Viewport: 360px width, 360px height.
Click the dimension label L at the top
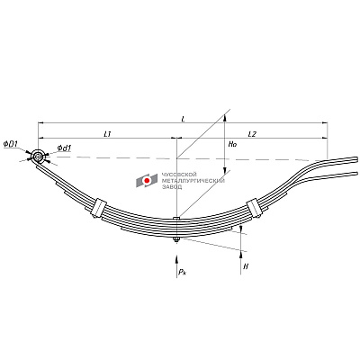pyautogui.click(x=184, y=119)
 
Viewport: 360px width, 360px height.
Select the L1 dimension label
pyautogui.click(x=108, y=134)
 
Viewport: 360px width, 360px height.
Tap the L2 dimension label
pyautogui.click(x=252, y=134)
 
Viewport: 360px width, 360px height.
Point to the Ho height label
pyautogui.click(x=232, y=144)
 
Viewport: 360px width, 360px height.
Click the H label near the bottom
pyautogui.click(x=246, y=266)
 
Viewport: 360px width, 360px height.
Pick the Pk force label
pyautogui.click(x=182, y=272)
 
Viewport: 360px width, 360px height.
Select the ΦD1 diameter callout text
pyautogui.click(x=11, y=144)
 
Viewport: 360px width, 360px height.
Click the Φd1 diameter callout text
pyautogui.click(x=64, y=148)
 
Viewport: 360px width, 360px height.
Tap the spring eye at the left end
pyautogui.click(x=38, y=157)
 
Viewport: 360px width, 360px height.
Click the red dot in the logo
pyautogui.click(x=147, y=181)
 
